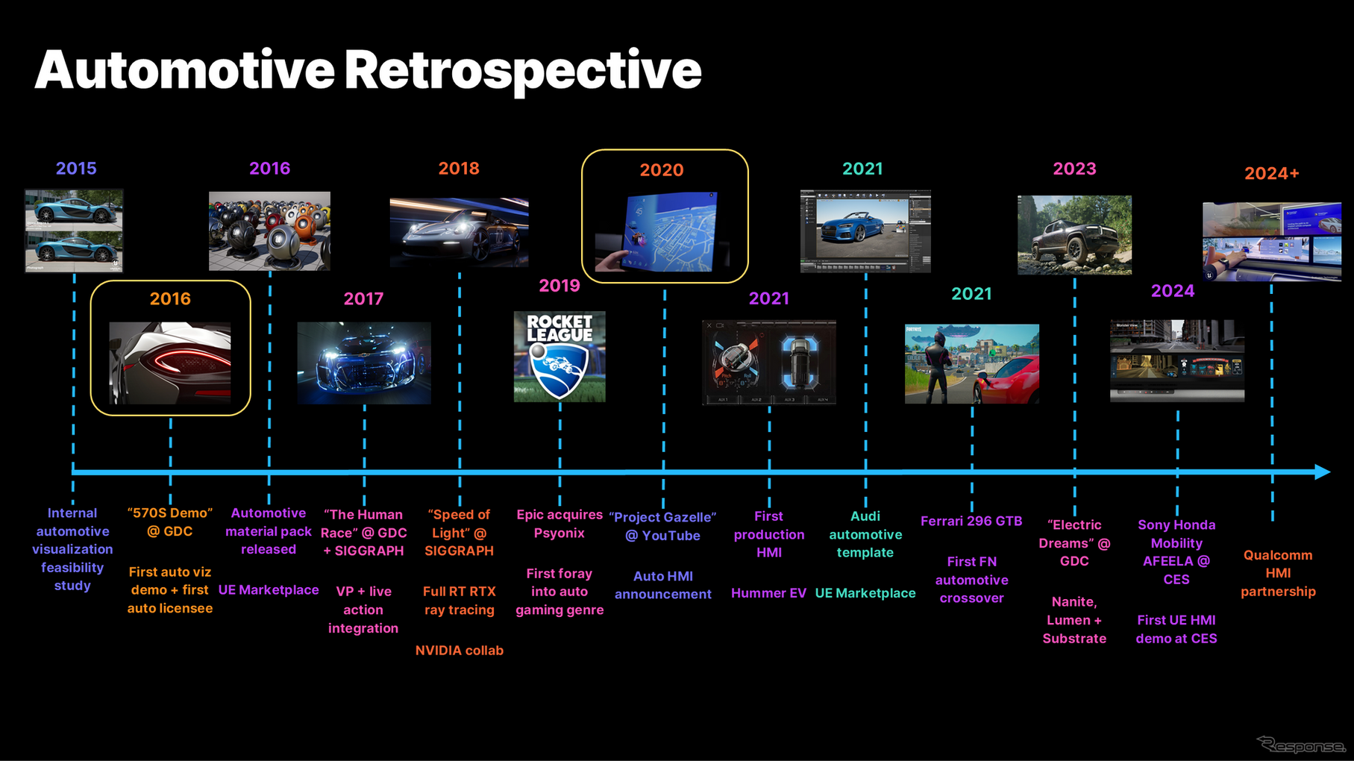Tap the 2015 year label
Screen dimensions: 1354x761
click(76, 169)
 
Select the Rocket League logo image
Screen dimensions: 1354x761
click(560, 357)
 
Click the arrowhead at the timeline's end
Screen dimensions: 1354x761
click(1322, 472)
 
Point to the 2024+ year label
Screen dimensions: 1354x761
click(1272, 173)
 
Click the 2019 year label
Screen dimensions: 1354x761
click(560, 286)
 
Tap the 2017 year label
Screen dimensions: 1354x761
click(363, 299)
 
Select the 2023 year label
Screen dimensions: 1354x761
click(1074, 169)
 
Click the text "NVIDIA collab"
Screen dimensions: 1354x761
click(460, 651)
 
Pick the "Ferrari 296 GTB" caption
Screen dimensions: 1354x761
click(971, 521)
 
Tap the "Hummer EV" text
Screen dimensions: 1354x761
click(768, 593)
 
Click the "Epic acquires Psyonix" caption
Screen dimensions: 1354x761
click(560, 524)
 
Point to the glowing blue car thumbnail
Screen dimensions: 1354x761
click(364, 363)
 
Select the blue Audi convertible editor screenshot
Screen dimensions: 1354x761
click(865, 231)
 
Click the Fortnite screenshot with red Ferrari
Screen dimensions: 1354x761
click(972, 364)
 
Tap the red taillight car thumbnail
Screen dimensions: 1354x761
click(170, 363)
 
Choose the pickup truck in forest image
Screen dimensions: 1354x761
click(1074, 235)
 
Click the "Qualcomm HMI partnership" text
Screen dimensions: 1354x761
click(1278, 573)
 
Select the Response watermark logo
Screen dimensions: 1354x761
click(1301, 745)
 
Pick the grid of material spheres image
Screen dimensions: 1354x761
click(269, 231)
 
